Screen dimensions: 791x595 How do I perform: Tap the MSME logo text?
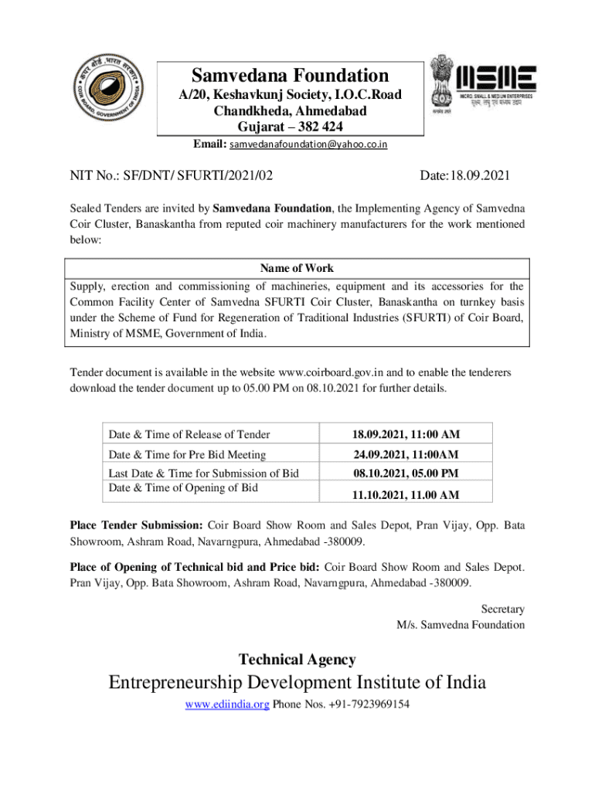pos(497,78)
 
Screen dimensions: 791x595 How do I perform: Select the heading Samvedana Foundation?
pos(290,76)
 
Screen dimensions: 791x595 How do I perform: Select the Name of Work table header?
pos(297,268)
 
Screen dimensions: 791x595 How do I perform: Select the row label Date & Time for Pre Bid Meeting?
pos(187,454)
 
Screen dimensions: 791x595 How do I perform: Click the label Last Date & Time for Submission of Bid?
pos(203,473)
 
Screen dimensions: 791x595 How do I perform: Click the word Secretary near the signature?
pos(502,609)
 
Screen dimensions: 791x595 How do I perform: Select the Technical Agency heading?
pos(297,660)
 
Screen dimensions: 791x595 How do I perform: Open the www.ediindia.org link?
pos(227,704)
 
